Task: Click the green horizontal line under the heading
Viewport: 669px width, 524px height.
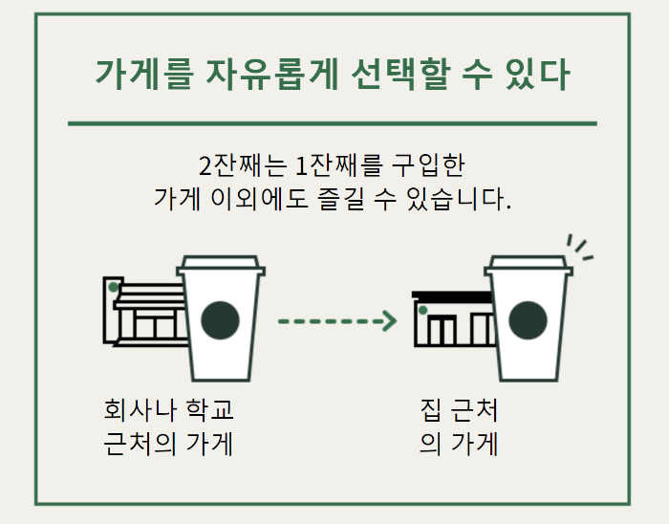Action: [333, 123]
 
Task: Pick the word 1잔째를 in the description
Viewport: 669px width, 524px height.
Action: [338, 164]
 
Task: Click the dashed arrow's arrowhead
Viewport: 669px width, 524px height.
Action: [388, 321]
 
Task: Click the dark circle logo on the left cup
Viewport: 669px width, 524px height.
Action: [221, 320]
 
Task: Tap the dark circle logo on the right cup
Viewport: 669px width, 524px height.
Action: [528, 320]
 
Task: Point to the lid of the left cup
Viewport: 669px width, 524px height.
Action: [221, 265]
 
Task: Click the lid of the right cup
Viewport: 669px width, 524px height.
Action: [528, 265]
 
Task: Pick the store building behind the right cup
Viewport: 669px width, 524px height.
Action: [449, 320]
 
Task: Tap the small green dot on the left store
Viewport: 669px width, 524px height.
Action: [114, 287]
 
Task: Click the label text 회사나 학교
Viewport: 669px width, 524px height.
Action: [169, 411]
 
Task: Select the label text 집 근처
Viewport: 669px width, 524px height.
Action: [459, 411]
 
